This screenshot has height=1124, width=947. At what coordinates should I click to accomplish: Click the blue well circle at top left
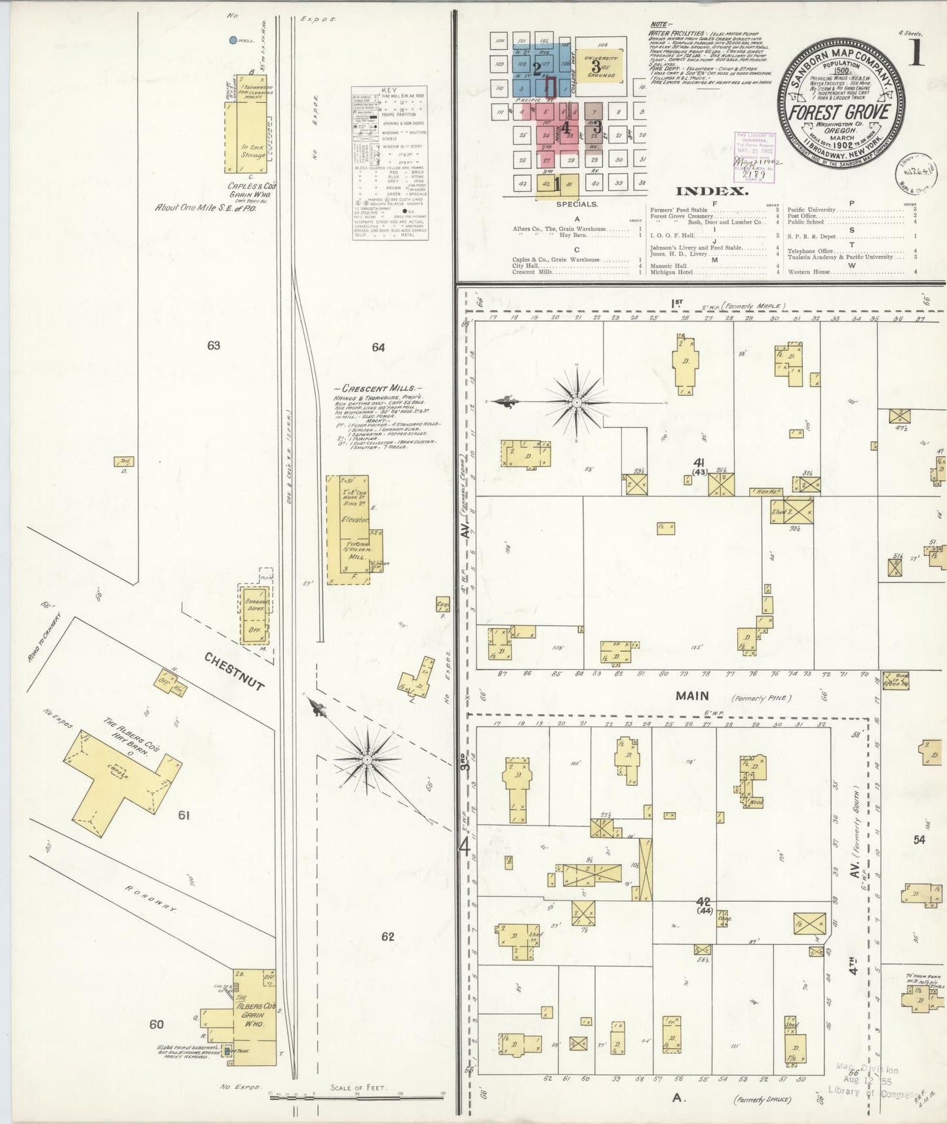(x=233, y=41)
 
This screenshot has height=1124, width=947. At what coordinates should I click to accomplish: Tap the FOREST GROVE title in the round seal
(x=838, y=111)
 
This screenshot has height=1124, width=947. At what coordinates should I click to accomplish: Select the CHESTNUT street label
(x=234, y=672)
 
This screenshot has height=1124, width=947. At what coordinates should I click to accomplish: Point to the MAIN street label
(x=693, y=696)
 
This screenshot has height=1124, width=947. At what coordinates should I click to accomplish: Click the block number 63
(x=214, y=346)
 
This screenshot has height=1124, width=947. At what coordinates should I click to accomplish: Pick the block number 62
(x=387, y=936)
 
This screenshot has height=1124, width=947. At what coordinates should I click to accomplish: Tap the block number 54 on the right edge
(x=919, y=840)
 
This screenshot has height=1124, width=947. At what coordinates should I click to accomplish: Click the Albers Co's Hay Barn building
(x=121, y=777)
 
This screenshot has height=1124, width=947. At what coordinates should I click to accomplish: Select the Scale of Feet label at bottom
(x=358, y=1088)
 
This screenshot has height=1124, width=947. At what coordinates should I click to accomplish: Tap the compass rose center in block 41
(x=576, y=401)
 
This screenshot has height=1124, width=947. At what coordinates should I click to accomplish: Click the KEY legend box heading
(x=389, y=90)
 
